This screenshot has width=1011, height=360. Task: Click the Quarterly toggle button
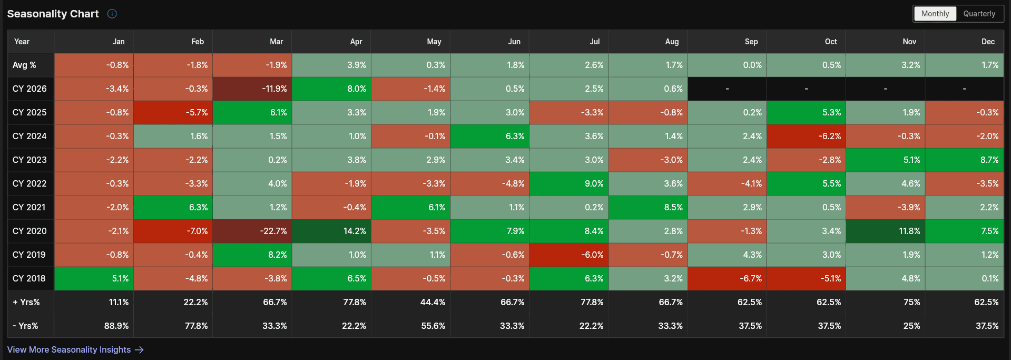pyautogui.click(x=979, y=14)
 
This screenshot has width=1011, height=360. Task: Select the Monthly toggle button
pyautogui.click(x=935, y=14)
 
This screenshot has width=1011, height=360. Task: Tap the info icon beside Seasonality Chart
pyautogui.click(x=112, y=14)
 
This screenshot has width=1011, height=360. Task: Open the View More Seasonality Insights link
pyautogui.click(x=75, y=349)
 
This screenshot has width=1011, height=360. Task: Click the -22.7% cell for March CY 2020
pyautogui.click(x=252, y=231)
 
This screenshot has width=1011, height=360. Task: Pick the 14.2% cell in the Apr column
pyautogui.click(x=331, y=231)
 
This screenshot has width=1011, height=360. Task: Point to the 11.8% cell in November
pyautogui.click(x=886, y=231)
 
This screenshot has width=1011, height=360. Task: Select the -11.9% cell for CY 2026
pyautogui.click(x=252, y=89)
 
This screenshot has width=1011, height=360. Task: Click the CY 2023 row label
pyautogui.click(x=30, y=160)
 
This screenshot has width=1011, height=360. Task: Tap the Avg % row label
pyautogui.click(x=24, y=65)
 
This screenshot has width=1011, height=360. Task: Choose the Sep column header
pyautogui.click(x=751, y=42)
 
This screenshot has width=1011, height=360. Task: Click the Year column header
pyautogui.click(x=22, y=42)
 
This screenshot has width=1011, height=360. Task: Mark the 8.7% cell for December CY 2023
pyautogui.click(x=965, y=160)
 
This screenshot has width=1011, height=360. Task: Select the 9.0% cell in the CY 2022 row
pyautogui.click(x=569, y=183)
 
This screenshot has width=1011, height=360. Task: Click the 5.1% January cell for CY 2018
pyautogui.click(x=94, y=278)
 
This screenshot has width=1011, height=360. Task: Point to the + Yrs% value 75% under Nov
pyautogui.click(x=912, y=302)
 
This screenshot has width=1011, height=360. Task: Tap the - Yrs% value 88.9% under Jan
pyautogui.click(x=116, y=326)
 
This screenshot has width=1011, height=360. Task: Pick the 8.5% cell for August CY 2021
pyautogui.click(x=648, y=207)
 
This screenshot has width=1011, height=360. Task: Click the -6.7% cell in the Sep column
pyautogui.click(x=727, y=278)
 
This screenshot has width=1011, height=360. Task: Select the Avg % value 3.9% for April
pyautogui.click(x=331, y=65)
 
